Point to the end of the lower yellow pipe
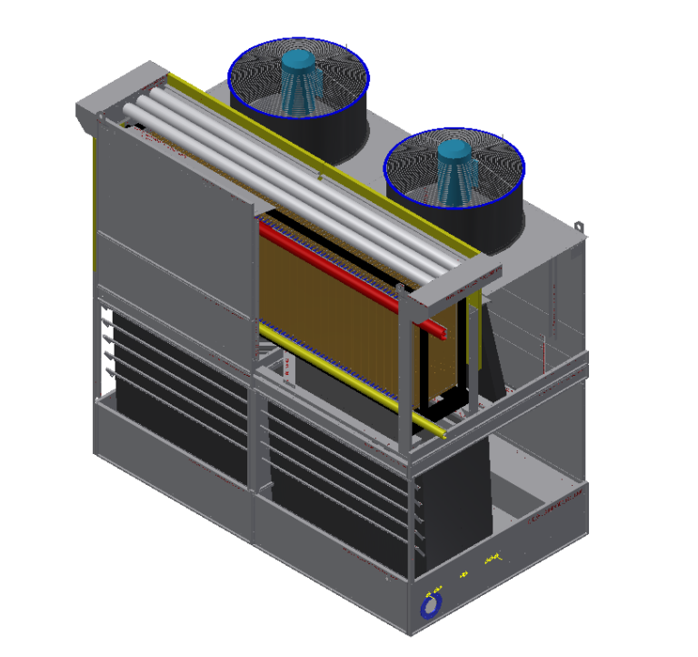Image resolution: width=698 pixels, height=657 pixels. [x=443, y=435]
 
